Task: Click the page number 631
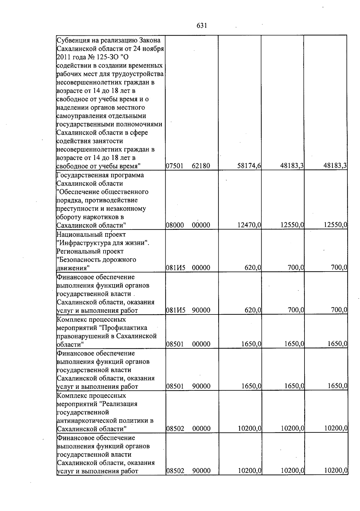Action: click(202, 26)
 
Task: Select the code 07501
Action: click(175, 166)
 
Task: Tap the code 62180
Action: click(201, 166)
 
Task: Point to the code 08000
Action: click(175, 225)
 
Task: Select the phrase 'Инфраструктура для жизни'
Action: click(102, 243)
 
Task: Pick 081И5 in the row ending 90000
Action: click(175, 310)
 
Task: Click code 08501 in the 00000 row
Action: click(175, 344)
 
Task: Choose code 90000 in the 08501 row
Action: click(201, 386)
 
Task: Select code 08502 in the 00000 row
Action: click(175, 428)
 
